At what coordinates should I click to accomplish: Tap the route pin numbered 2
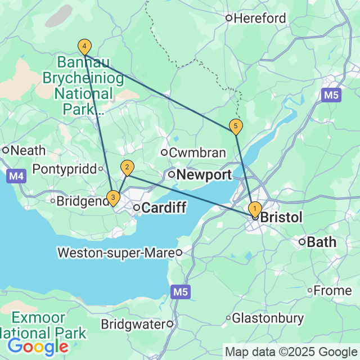128,167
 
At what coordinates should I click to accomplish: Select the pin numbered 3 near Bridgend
114,197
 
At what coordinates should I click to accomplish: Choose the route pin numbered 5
236,126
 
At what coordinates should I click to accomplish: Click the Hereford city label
259,18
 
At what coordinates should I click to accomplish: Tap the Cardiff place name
163,208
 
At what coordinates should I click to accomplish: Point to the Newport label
204,175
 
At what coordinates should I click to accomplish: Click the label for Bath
321,242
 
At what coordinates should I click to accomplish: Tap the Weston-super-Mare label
115,253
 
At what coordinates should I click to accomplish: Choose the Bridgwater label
134,324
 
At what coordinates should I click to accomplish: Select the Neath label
24,150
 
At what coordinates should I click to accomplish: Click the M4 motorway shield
16,177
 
